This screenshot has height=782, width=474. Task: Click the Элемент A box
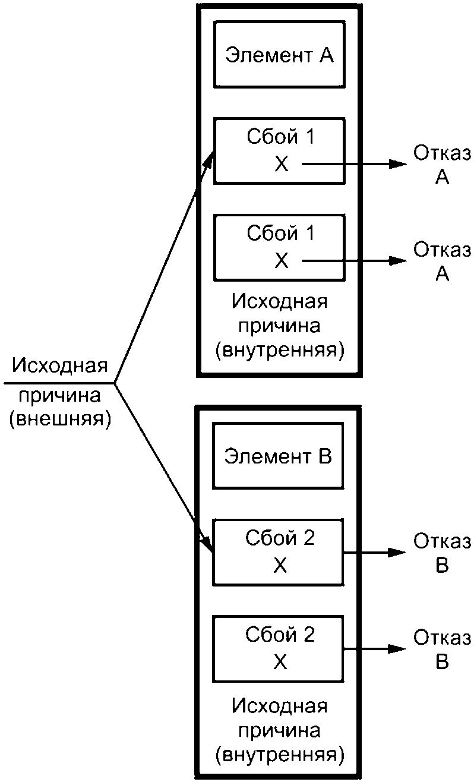279,55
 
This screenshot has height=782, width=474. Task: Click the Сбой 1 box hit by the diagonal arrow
279,150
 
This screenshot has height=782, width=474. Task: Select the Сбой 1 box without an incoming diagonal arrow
279,247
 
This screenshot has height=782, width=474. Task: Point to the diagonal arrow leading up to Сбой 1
163,267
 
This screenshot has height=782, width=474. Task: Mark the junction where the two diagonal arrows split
114,383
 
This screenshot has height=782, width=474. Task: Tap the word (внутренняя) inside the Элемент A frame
279,350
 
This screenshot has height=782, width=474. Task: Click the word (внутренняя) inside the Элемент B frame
279,755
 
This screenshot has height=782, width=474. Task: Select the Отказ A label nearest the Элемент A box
442,164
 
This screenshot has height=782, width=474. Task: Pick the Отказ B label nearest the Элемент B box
442,553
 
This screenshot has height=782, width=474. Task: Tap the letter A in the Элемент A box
327,55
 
